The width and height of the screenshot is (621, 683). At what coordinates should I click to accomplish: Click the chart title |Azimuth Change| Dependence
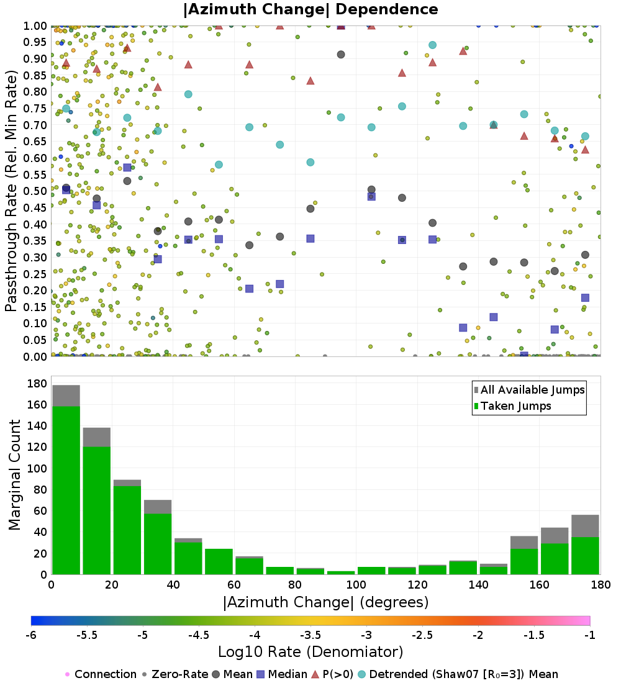click(310, 10)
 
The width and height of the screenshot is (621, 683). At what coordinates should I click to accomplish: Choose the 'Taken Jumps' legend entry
click(512, 406)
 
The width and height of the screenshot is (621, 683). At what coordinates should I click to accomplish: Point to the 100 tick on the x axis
click(356, 585)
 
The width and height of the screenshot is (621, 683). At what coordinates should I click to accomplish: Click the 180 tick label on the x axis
click(599, 585)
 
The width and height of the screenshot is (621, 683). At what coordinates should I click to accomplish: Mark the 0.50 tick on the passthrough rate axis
click(35, 191)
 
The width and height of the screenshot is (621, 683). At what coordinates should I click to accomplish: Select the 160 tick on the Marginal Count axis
click(36, 404)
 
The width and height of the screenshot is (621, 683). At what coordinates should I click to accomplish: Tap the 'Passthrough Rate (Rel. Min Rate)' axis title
click(11, 191)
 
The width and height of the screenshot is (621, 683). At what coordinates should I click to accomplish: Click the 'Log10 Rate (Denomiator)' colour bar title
click(310, 652)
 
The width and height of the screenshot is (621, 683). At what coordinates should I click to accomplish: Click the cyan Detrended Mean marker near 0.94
click(432, 45)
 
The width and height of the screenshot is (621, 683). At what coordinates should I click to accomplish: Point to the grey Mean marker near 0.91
click(341, 55)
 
